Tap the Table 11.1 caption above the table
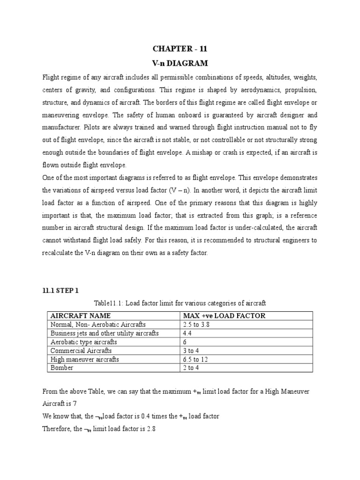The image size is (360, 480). (x=180, y=303)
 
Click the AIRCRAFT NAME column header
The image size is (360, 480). (x=80, y=316)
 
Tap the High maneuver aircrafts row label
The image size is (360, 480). (x=84, y=360)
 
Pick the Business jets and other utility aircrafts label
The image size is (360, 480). (x=104, y=333)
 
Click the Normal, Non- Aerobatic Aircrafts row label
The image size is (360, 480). (x=98, y=324)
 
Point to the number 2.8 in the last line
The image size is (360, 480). (x=150, y=428)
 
